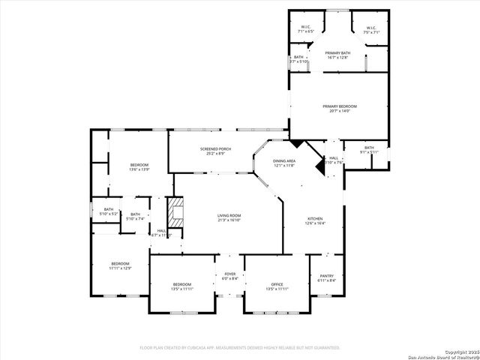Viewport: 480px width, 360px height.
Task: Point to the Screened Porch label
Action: pos(215,151)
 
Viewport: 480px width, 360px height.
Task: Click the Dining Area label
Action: pos(283,163)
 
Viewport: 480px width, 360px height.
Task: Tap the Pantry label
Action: pos(327,277)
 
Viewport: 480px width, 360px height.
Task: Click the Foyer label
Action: pos(230,276)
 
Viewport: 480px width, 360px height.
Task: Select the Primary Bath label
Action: pos(337,55)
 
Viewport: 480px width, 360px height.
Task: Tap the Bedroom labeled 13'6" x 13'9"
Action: pos(139,166)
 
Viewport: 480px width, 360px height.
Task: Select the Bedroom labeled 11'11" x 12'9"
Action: pos(121,265)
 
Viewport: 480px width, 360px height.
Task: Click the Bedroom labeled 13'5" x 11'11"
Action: pos(182,286)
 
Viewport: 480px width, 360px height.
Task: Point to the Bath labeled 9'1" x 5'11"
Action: pos(369,149)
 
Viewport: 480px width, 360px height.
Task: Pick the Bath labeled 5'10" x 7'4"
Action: pos(135,217)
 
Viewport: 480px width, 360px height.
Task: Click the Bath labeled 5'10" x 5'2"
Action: pos(109,211)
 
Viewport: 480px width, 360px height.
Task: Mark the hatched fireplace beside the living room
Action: pos(174,212)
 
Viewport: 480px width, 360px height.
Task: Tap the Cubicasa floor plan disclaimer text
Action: pos(240,347)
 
